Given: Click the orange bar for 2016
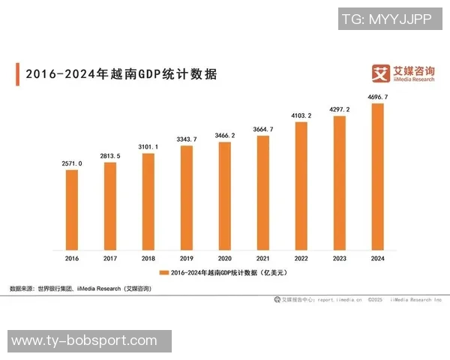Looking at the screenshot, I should (x=72, y=209).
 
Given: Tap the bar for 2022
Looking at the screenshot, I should (x=301, y=185).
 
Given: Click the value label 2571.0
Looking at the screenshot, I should (x=72, y=163).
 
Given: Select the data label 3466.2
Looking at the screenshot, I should (x=225, y=135).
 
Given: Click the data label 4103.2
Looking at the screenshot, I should (x=301, y=115).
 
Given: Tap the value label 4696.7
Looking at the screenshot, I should (x=378, y=97).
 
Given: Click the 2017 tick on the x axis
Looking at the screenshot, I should (x=110, y=259).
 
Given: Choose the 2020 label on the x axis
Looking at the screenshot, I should (x=225, y=259).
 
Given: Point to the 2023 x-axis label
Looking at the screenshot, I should (x=340, y=259).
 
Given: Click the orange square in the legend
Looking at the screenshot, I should (x=163, y=272).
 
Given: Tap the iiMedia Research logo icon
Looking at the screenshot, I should (x=382, y=73).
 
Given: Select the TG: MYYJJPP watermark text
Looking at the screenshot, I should (x=386, y=19).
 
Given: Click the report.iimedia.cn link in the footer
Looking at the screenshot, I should (x=340, y=299).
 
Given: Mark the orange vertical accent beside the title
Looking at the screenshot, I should (x=17, y=75).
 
